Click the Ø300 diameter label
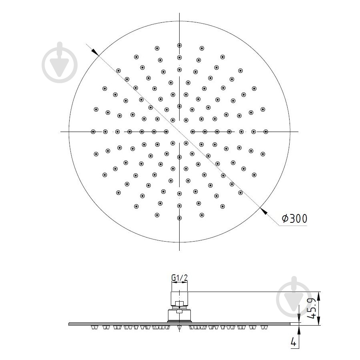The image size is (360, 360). (294, 218)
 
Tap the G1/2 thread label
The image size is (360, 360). (179, 278)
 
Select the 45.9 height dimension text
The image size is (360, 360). (312, 308)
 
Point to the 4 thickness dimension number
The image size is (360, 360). (294, 342)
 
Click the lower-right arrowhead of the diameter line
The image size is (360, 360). (264, 212)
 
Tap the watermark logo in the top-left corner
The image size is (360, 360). (60, 62)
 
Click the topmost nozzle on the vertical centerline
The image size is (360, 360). (179, 46)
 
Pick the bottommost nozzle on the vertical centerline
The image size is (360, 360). (179, 218)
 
